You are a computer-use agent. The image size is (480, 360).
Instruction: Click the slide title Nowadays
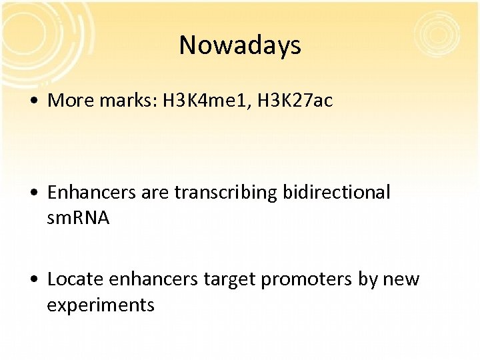tap(240, 45)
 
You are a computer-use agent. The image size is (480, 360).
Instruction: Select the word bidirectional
tap(336, 193)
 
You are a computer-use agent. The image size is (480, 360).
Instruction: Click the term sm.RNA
tap(78, 218)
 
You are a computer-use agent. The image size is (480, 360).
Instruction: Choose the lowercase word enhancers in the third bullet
tap(153, 279)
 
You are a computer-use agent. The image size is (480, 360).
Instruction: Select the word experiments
tap(101, 305)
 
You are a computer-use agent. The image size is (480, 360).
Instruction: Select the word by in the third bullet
tap(367, 279)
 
